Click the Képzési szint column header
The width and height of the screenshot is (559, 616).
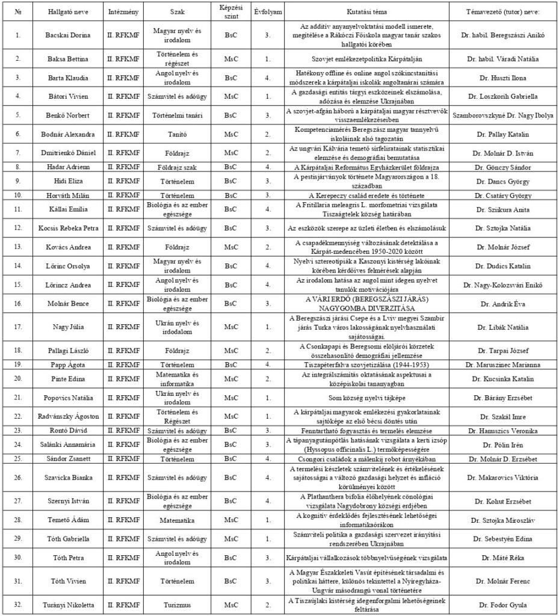coord(230,11)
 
